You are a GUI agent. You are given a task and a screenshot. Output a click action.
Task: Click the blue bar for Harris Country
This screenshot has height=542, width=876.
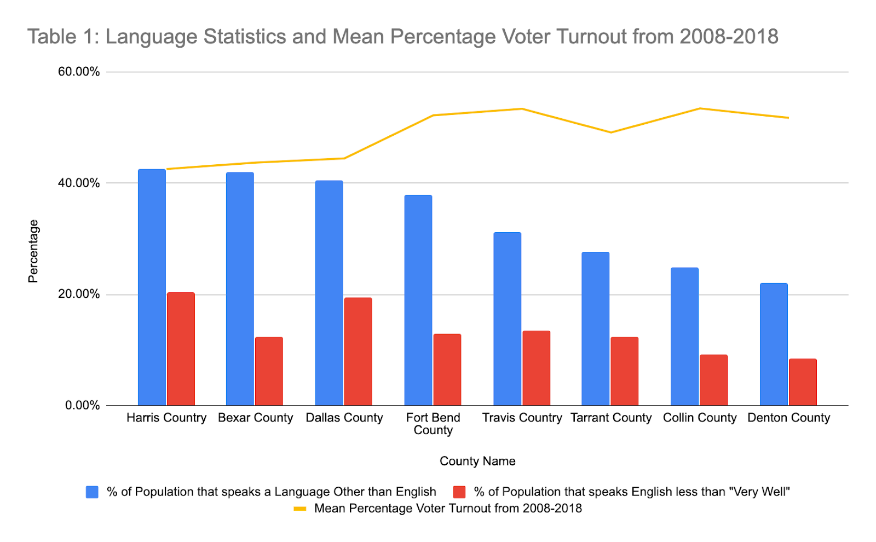coord(152,287)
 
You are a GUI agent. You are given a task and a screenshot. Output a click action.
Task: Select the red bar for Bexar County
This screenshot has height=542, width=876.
coord(269,371)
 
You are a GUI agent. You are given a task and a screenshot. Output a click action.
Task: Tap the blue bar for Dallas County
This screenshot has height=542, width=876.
coord(329,293)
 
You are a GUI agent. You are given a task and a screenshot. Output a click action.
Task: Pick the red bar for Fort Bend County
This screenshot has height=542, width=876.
coord(447,370)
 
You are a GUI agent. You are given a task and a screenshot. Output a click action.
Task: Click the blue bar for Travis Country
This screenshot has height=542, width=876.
coord(507,319)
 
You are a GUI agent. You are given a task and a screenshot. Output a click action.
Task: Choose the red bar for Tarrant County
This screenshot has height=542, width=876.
coord(625,371)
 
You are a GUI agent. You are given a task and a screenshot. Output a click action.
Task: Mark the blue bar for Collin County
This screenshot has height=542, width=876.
coord(684,337)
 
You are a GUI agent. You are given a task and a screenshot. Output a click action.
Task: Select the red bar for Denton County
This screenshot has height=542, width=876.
coord(803,382)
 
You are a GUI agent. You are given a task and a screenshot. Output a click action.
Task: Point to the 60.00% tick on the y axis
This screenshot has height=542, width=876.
coord(79,72)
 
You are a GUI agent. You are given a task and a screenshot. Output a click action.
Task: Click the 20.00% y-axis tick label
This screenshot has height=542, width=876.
coord(79,294)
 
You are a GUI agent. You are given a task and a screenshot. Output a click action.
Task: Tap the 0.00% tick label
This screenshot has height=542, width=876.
coord(83,406)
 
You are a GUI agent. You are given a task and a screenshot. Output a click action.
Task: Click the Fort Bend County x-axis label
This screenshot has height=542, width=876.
coord(433,424)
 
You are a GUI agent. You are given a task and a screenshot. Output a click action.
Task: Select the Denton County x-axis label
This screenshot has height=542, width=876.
coord(788,418)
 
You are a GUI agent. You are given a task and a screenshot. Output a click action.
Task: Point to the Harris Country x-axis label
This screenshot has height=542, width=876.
coord(166,418)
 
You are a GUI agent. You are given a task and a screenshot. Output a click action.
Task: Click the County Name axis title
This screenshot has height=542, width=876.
coord(477,461)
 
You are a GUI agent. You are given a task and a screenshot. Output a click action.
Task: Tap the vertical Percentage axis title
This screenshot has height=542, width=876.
coord(33,251)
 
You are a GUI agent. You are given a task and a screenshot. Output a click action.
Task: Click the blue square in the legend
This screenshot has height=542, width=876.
coord(92,492)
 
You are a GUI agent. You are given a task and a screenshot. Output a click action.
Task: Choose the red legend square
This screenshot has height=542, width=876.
coord(459,492)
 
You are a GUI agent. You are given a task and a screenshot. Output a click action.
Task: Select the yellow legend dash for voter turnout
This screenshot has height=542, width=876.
coord(300,509)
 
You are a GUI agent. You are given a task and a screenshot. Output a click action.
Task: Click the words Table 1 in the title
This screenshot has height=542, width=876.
coord(61,37)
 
